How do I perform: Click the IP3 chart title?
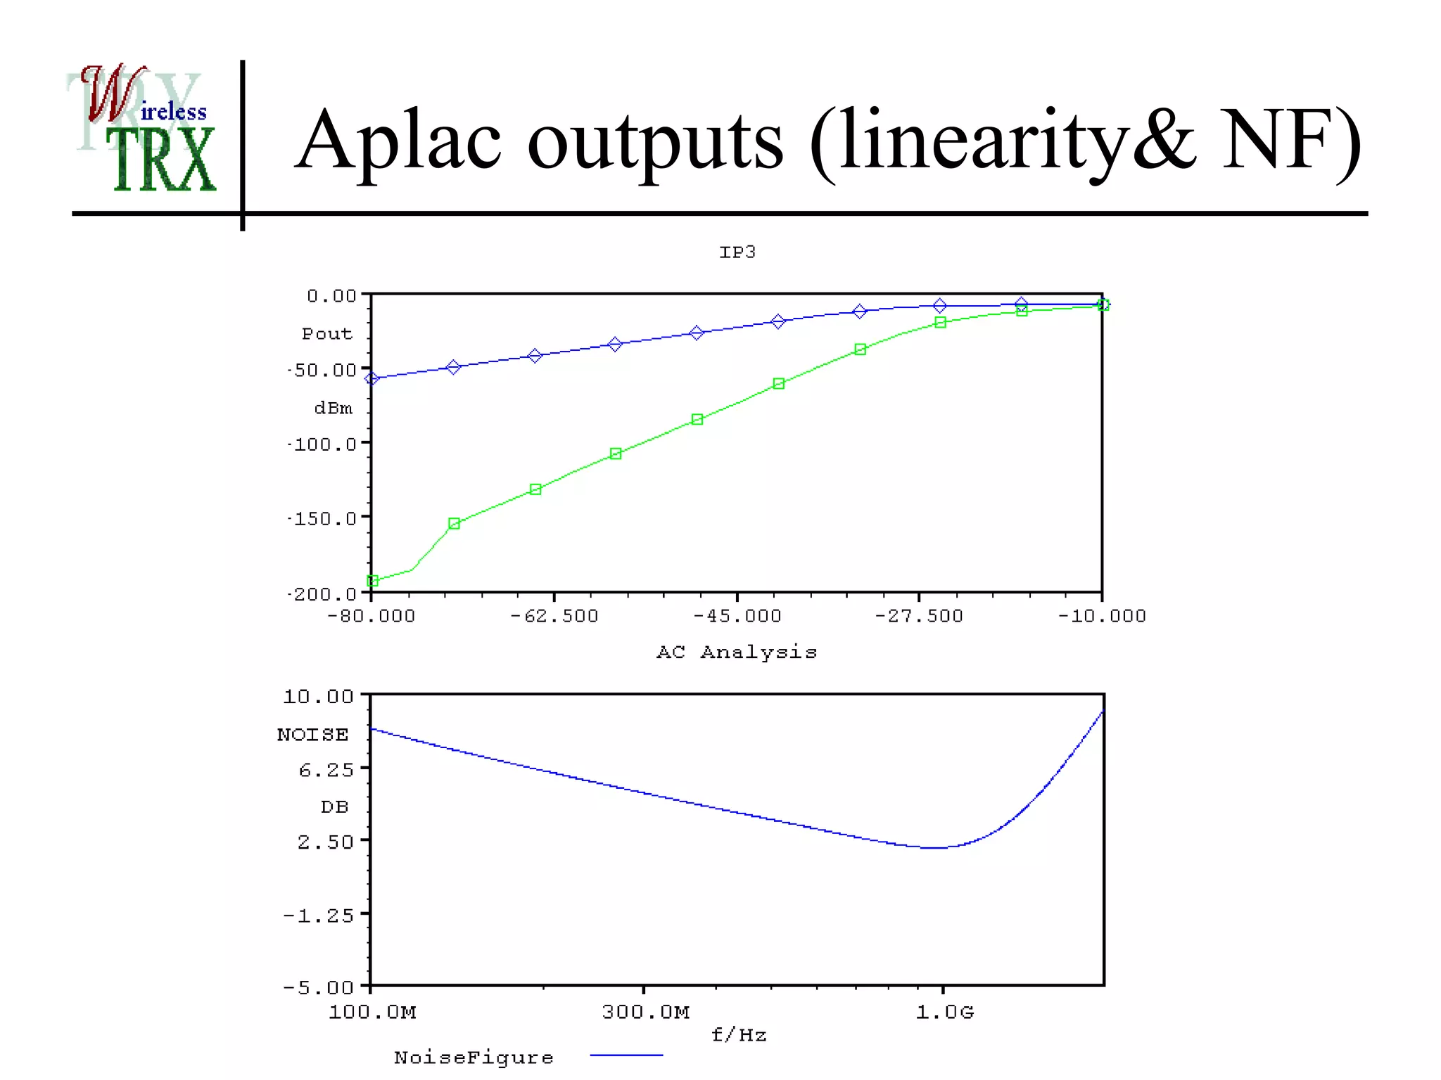[x=737, y=252]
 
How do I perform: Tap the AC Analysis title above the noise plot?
[x=737, y=652]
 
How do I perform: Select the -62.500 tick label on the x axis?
[x=554, y=617]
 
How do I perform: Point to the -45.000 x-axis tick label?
[x=737, y=617]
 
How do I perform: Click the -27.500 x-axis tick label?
[x=919, y=617]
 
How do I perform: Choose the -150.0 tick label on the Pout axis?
[x=322, y=519]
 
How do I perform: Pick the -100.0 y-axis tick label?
[x=322, y=444]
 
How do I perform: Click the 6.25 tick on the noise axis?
[x=326, y=770]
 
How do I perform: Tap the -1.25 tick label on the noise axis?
[x=319, y=915]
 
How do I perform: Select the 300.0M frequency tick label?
[x=645, y=1012]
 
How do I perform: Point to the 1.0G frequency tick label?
[x=944, y=1012]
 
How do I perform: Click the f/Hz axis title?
[x=738, y=1035]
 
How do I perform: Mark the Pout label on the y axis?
[x=326, y=334]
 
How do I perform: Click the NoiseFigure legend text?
[x=474, y=1057]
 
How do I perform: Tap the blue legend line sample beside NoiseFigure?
[x=626, y=1055]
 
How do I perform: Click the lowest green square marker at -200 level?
[x=373, y=581]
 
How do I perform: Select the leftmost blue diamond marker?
[x=372, y=378]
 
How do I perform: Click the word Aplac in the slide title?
[x=398, y=141]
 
